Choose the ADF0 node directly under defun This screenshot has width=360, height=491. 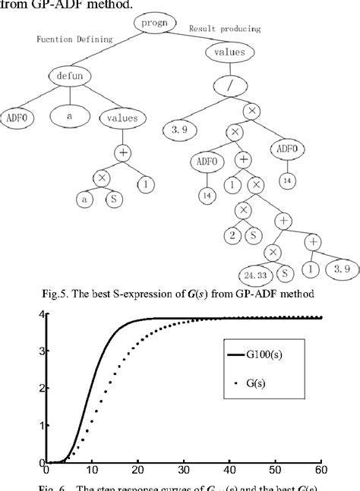17,118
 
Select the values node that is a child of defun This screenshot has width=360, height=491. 125,118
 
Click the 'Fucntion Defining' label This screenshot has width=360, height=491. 74,39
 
